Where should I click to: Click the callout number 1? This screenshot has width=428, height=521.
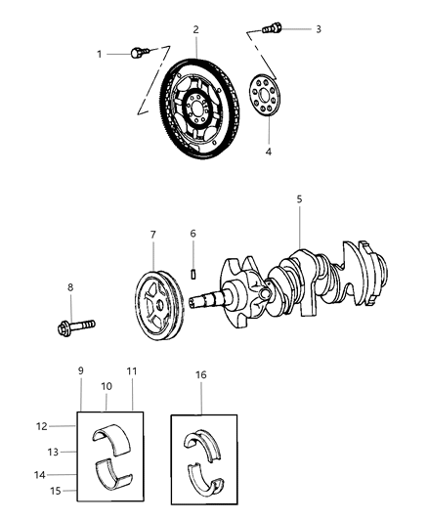(99, 54)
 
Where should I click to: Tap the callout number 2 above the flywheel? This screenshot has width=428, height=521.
(195, 30)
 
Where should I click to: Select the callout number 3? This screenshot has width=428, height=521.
(318, 29)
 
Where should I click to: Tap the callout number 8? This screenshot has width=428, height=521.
(69, 287)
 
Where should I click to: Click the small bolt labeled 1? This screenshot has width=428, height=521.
(139, 51)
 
